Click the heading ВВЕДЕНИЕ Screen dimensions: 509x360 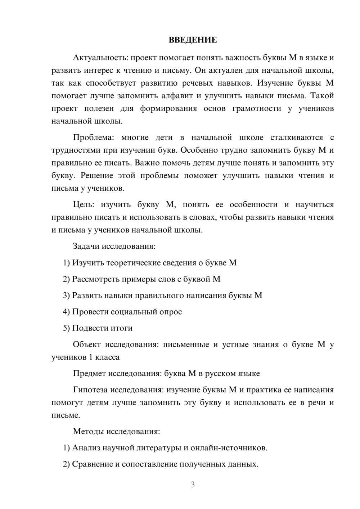coord(193,40)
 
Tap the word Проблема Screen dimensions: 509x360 coord(95,138)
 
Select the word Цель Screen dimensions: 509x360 coord(83,205)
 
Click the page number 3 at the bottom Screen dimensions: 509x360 coord(193,485)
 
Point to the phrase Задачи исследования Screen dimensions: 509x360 coord(114,247)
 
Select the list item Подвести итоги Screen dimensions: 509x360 coord(102,328)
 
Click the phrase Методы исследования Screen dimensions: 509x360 coord(116,431)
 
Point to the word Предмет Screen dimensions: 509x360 coord(89,374)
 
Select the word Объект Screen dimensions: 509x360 coord(87,344)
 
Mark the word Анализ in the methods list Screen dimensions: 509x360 coord(86,448)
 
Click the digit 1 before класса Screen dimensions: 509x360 coord(85,357)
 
